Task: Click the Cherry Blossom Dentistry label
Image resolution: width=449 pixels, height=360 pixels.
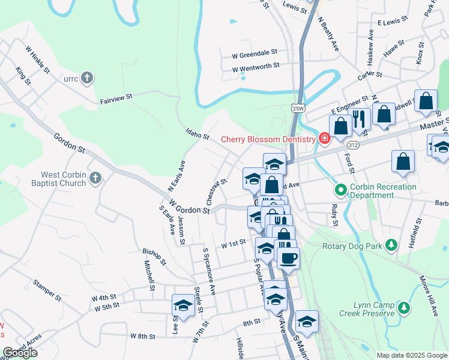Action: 268,139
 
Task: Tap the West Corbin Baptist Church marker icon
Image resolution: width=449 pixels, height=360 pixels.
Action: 97,178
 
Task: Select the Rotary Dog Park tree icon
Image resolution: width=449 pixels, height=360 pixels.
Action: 391,245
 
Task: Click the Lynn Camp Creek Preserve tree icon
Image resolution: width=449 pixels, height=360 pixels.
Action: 405,308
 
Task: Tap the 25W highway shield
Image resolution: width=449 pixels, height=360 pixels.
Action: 298,108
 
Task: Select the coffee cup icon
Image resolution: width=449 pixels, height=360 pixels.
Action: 287,257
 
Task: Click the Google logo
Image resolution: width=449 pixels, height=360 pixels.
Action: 20,353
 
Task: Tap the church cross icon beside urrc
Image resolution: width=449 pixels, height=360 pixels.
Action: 87,78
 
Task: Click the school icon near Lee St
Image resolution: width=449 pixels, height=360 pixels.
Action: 183,305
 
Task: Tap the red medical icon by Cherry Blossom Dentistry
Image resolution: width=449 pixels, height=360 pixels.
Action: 325,139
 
